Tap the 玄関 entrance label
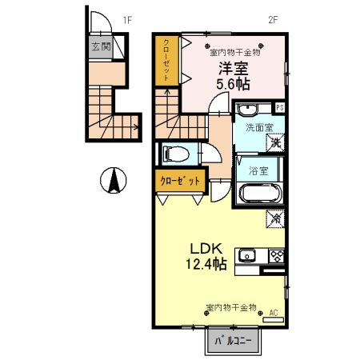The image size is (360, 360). click(x=100, y=46)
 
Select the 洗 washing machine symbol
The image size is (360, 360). click(x=275, y=143)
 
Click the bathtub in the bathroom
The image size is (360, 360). click(x=258, y=194)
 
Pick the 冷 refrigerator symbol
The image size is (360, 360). click(x=275, y=216)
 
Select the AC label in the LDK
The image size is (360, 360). click(x=273, y=312)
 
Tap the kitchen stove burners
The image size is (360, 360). click(x=277, y=257)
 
